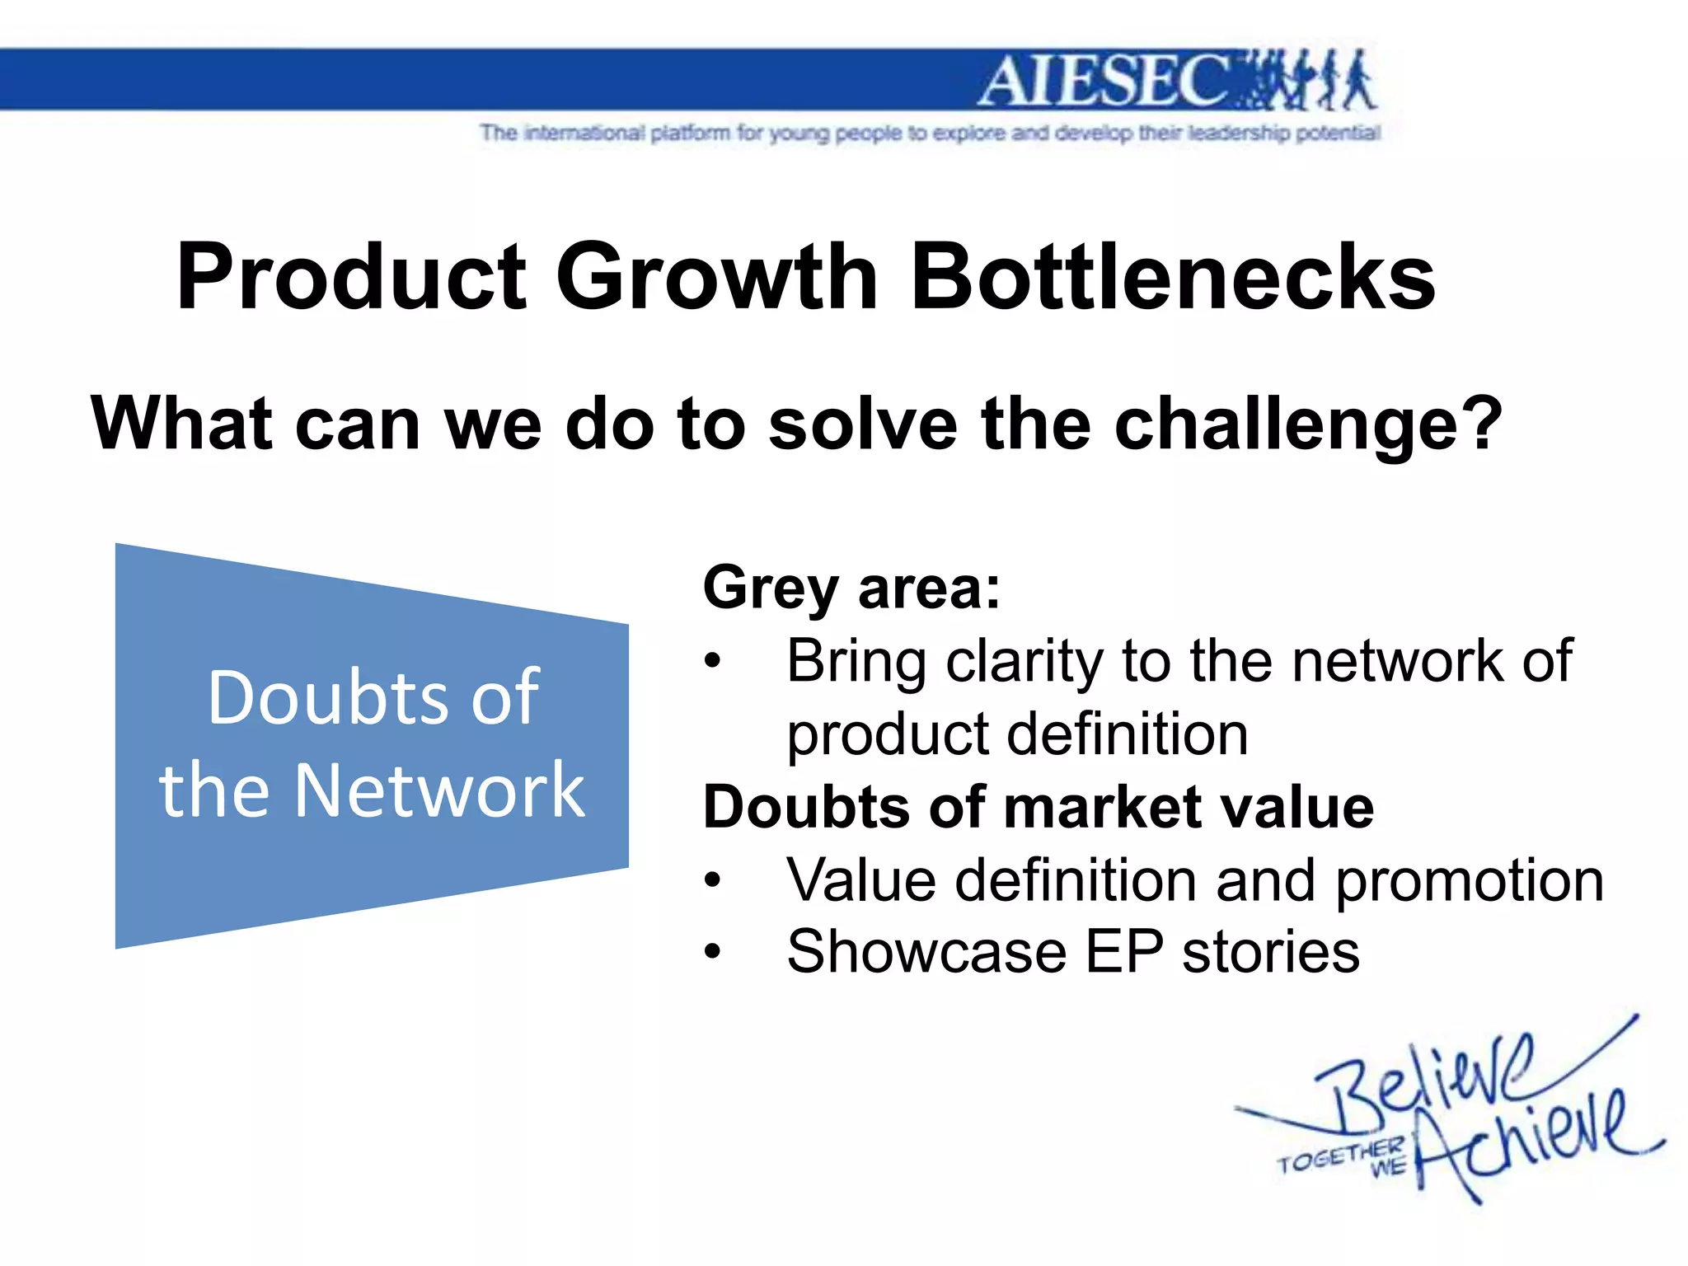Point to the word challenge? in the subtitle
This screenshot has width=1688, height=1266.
click(x=1308, y=425)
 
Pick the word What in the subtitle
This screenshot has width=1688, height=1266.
click(x=181, y=424)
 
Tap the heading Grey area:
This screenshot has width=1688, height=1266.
click(x=851, y=588)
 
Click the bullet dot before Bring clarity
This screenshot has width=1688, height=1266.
click(x=713, y=662)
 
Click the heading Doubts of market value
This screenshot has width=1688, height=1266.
click(x=1038, y=807)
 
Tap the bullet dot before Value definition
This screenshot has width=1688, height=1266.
click(x=713, y=880)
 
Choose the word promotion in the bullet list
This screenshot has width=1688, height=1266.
click(x=1469, y=880)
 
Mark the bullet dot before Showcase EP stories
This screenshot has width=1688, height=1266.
click(x=713, y=952)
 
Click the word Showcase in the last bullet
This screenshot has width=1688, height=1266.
click(x=926, y=952)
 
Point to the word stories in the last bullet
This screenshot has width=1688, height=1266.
click(x=1270, y=952)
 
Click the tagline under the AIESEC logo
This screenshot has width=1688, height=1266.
click(x=930, y=133)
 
